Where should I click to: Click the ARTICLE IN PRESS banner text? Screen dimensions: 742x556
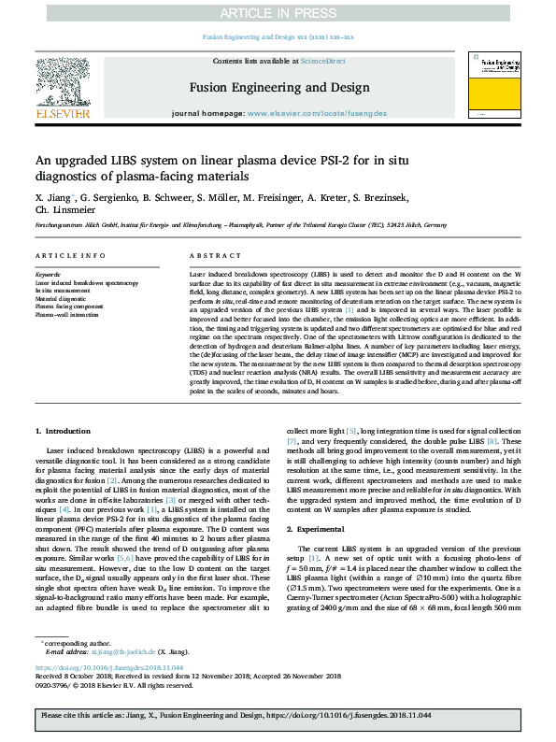278,13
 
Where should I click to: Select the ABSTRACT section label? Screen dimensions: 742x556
208,255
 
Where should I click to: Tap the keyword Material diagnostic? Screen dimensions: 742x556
62,298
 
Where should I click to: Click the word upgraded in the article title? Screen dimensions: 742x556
84,160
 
